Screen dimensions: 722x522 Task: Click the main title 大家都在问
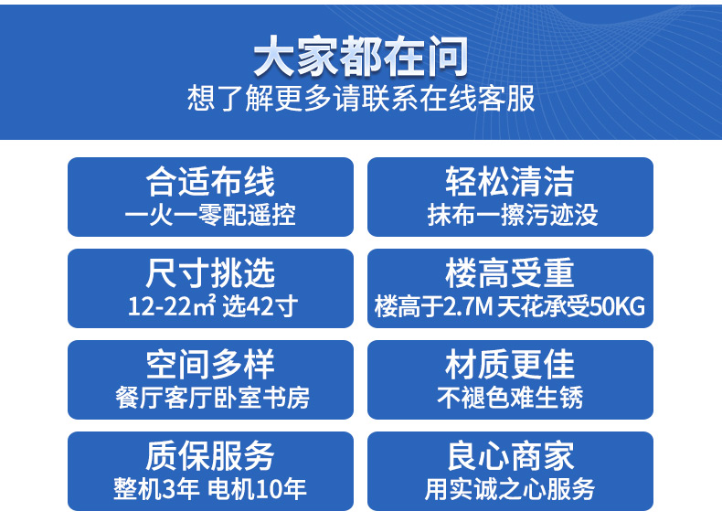pyautogui.click(x=361, y=56)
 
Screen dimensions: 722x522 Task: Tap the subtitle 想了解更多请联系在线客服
pyautogui.click(x=361, y=98)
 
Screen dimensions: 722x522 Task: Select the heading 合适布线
pyautogui.click(x=210, y=182)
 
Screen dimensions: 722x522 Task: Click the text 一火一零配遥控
pyautogui.click(x=210, y=215)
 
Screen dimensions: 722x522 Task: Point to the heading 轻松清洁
pyautogui.click(x=510, y=182)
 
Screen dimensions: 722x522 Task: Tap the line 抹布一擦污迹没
pyautogui.click(x=513, y=215)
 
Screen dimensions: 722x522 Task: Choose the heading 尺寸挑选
pyautogui.click(x=210, y=272)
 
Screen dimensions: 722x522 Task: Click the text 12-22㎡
pyautogui.click(x=172, y=305)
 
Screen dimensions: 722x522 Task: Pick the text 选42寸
pyautogui.click(x=260, y=306)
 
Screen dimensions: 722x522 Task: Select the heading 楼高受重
pyautogui.click(x=510, y=272)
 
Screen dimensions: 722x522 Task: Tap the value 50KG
pyautogui.click(x=618, y=306)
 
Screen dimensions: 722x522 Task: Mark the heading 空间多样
pyautogui.click(x=210, y=365)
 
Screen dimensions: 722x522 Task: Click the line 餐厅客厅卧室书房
pyautogui.click(x=212, y=397)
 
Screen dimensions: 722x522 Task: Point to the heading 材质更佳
pyautogui.click(x=510, y=365)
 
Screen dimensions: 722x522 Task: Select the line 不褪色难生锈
pyautogui.click(x=510, y=397)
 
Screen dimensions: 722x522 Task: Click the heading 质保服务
pyautogui.click(x=210, y=455)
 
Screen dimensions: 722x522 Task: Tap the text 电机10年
pyautogui.click(x=257, y=489)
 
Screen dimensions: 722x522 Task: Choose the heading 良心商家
pyautogui.click(x=510, y=455)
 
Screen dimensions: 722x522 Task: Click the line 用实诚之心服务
pyautogui.click(x=510, y=489)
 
